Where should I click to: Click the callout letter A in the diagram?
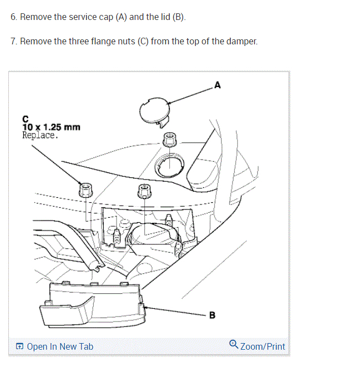tap(217, 85)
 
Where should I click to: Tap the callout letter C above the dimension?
tap(25, 119)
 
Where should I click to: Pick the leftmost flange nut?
tap(85, 190)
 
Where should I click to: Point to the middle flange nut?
tap(144, 191)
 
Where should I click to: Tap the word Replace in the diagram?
tap(39, 135)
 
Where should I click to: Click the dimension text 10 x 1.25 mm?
tap(51, 127)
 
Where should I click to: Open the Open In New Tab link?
tap(60, 346)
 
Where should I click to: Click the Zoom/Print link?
tap(262, 346)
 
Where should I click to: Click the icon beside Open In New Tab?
tap(20, 347)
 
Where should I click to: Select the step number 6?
tap(13, 17)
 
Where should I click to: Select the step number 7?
tap(13, 42)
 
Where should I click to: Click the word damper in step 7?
tap(242, 42)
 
